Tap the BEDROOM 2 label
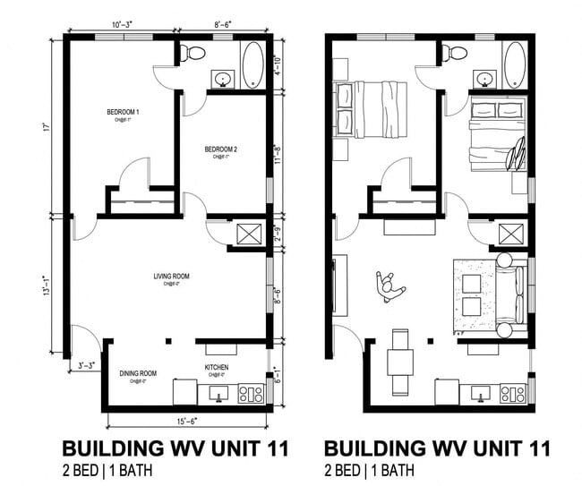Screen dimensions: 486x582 point(219,149)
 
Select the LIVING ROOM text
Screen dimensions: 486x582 point(171,277)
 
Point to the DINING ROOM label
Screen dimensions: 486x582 point(138,373)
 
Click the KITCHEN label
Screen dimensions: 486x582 point(218,368)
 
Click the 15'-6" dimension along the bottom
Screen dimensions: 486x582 point(189,421)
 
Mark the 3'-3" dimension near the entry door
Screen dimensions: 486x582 point(85,365)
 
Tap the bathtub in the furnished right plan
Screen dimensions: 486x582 point(515,64)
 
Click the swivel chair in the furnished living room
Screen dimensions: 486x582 point(390,286)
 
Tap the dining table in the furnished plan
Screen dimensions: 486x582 point(400,362)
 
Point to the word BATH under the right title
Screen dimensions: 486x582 point(397,470)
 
